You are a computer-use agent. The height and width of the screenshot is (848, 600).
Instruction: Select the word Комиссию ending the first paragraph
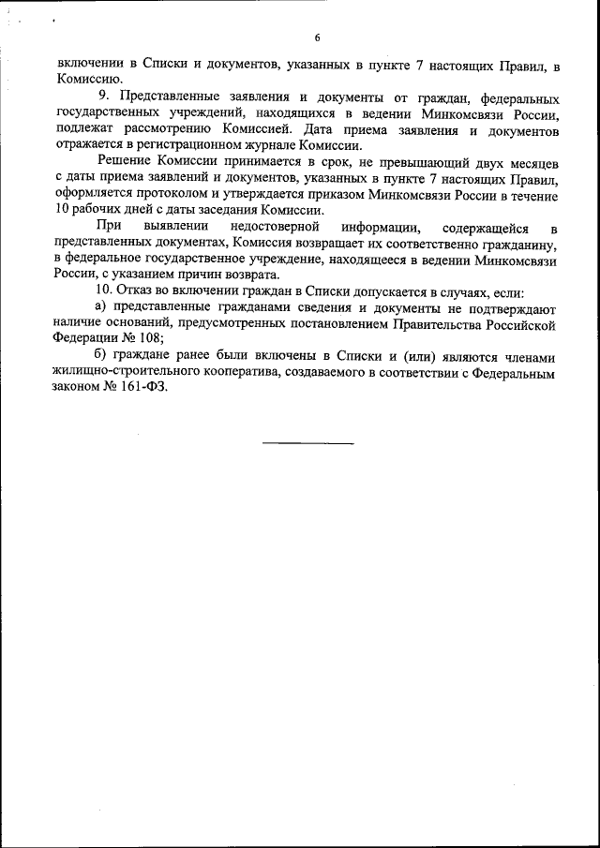[x=86, y=81]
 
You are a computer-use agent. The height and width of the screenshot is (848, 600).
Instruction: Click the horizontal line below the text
[x=307, y=442]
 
